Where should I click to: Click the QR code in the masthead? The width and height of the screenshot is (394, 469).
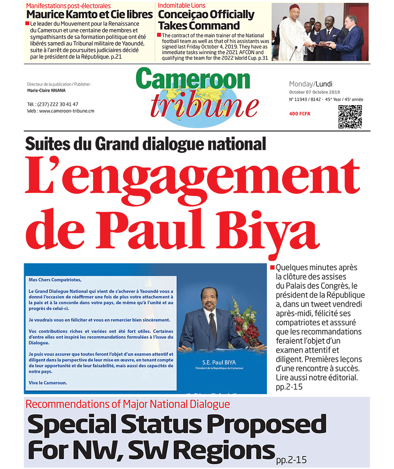coord(350,117)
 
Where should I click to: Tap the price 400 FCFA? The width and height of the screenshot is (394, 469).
coord(299,114)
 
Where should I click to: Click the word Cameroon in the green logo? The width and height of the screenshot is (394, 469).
coord(193,79)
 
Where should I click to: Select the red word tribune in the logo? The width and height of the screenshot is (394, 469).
coord(204,106)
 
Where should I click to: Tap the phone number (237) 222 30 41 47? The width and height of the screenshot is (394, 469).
coord(58,104)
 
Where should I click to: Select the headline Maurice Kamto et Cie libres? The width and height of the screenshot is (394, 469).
coord(89,15)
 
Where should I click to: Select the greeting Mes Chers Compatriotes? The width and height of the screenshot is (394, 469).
coord(55,280)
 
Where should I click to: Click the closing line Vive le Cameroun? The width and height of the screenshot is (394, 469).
coord(48,382)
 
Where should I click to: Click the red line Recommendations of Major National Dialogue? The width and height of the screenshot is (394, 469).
coord(128,404)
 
